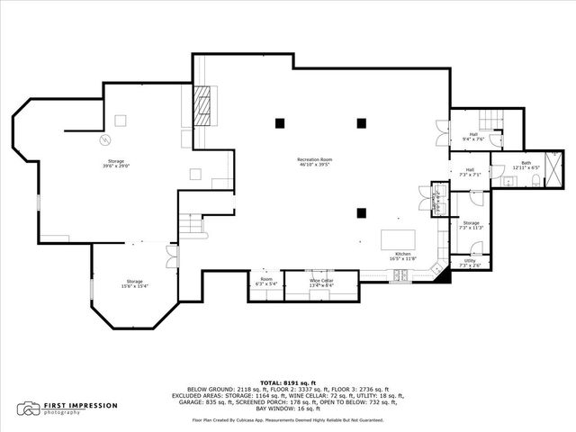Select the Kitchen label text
click(403, 256)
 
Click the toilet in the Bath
click(535, 182)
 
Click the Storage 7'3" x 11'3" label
click(472, 225)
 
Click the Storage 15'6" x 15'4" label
click(135, 283)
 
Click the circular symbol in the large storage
click(104, 140)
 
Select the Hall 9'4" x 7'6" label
click(473, 137)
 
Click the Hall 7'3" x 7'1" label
click(472, 172)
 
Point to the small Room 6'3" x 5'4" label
click(266, 281)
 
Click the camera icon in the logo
click(31, 409)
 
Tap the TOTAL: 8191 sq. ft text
click(288, 382)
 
